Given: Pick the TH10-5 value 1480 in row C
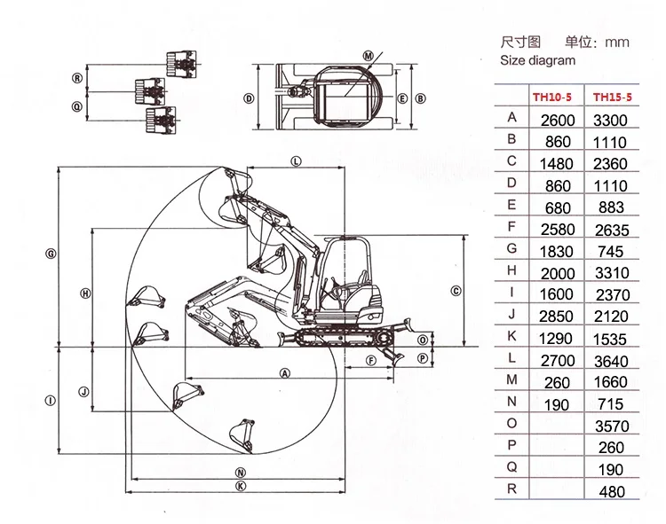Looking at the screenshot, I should (557, 164).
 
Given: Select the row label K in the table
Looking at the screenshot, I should (511, 335).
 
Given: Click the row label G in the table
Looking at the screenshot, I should (511, 248).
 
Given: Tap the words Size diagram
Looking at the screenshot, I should (537, 61).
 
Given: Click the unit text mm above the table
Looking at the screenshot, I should (616, 42).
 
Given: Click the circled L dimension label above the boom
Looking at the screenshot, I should (296, 160).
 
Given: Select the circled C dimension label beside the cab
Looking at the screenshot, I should (455, 290).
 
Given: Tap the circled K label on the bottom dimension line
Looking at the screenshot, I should (241, 486).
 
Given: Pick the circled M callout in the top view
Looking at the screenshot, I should (369, 55).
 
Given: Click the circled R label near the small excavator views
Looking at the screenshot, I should (77, 78).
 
